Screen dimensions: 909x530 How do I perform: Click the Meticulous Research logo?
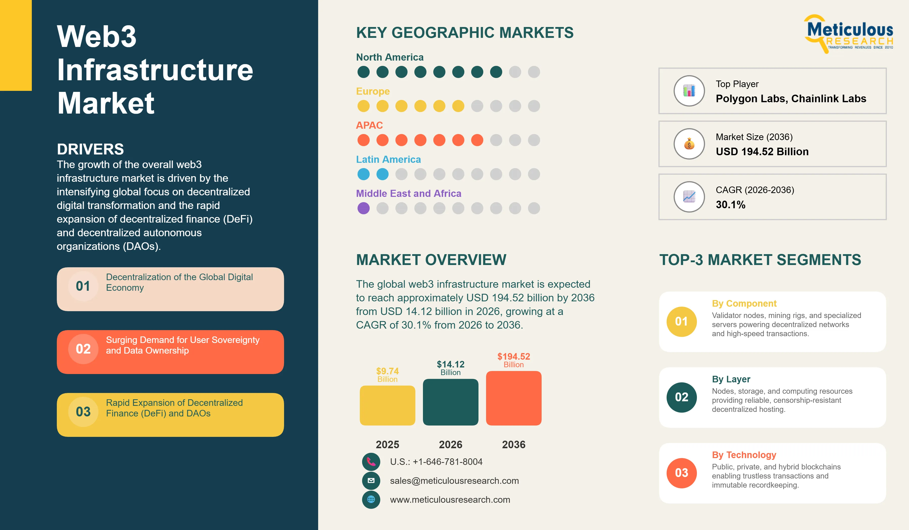coord(849,34)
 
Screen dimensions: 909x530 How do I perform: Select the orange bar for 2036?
coord(514,398)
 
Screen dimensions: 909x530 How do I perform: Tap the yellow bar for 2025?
coord(387,405)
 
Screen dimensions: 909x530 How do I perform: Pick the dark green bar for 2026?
coord(450,402)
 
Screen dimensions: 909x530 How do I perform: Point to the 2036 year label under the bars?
coord(514,444)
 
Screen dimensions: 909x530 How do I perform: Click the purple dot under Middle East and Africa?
coord(364,208)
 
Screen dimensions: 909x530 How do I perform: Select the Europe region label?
coord(373,91)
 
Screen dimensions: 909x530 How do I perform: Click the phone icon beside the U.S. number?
coord(371,462)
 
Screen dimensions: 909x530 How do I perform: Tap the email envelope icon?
coord(371,481)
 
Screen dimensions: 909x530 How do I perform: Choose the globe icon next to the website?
coord(371,500)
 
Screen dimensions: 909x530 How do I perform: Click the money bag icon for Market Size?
coord(689,144)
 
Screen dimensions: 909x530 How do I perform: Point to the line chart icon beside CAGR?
coord(689,197)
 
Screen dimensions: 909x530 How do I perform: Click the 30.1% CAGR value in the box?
coord(730,205)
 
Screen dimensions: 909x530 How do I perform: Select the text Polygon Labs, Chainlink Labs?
coord(791,98)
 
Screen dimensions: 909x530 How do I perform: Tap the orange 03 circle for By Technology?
coord(682,473)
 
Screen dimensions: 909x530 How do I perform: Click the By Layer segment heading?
coord(731,379)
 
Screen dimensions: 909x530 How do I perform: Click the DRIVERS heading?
coord(90,149)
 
